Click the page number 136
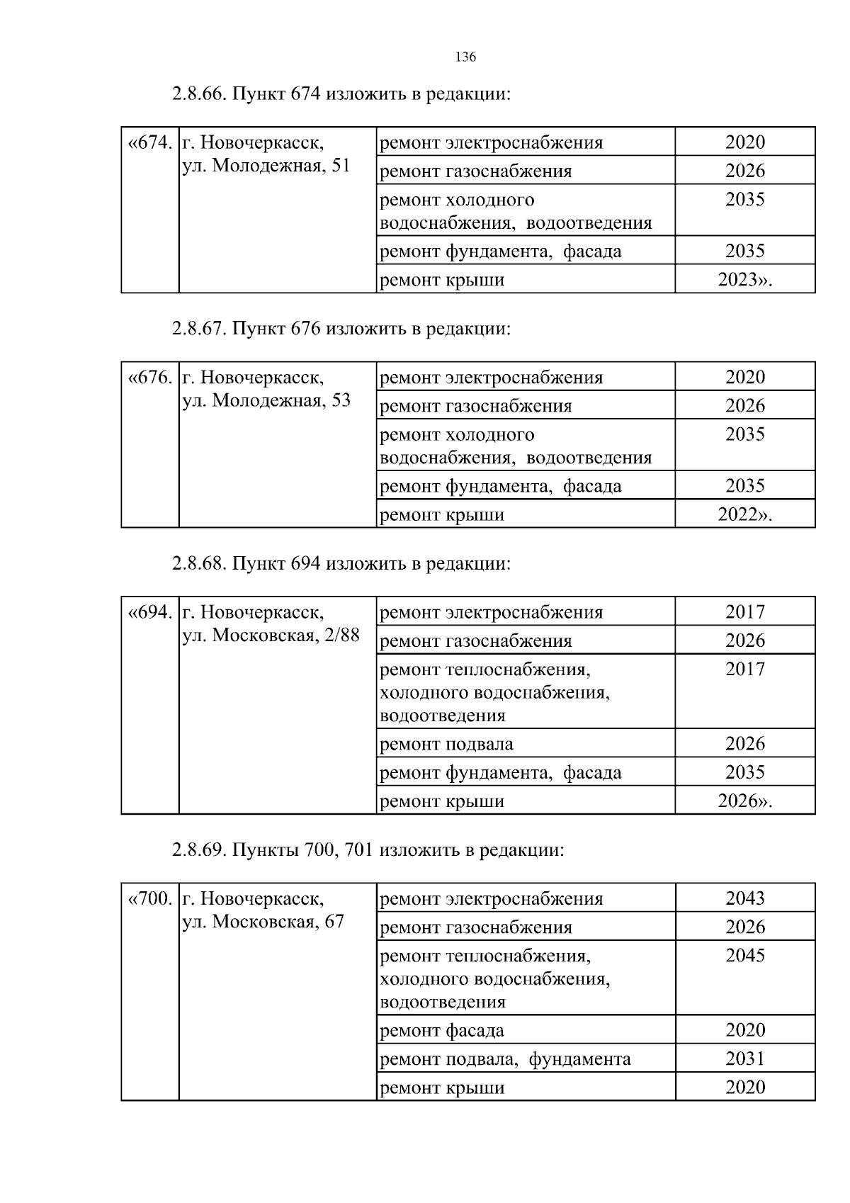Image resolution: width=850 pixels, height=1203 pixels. point(465,57)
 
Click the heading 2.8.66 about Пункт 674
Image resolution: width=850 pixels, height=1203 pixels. point(341,94)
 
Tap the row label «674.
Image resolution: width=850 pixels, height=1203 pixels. point(149,143)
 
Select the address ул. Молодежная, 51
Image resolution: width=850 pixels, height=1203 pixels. point(266,166)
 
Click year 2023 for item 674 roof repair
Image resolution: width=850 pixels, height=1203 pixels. point(744,280)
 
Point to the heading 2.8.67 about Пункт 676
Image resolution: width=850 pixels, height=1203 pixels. point(341,329)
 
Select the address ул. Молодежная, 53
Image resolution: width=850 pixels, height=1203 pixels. point(266,401)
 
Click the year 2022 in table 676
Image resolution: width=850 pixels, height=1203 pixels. point(744,515)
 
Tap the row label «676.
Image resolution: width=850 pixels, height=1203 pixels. point(149,378)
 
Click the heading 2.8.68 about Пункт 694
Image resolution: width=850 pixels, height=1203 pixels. point(341,564)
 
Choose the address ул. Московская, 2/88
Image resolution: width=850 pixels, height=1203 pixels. point(271,636)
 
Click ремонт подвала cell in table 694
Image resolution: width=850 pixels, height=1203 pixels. point(447,745)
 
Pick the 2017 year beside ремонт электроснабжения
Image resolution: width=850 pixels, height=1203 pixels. point(744,612)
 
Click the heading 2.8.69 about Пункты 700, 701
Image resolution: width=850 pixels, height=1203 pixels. point(368,850)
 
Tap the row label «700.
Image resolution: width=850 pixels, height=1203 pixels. point(149,899)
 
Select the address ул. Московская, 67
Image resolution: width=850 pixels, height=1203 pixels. point(263,922)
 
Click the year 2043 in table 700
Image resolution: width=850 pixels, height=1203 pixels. point(744,898)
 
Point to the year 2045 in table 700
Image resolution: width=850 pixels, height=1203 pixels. point(744,956)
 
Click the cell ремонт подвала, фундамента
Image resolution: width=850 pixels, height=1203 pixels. point(505,1059)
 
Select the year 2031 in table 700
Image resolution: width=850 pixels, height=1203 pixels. point(744,1059)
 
